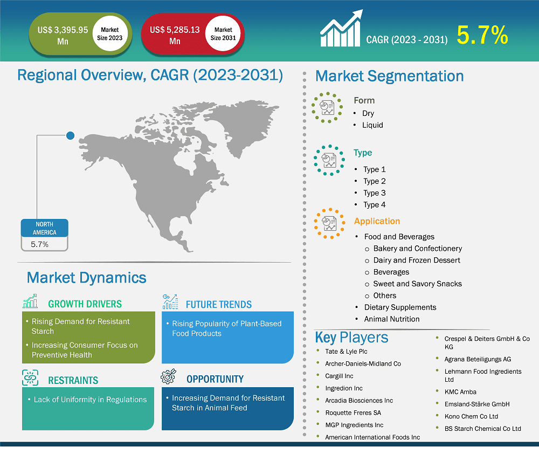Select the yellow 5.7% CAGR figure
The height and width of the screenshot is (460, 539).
(482, 36)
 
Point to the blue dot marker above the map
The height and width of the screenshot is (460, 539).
(70, 135)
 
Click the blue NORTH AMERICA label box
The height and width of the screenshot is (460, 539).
(45, 228)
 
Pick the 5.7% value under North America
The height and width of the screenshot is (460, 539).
(40, 244)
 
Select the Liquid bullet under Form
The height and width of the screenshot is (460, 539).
(372, 125)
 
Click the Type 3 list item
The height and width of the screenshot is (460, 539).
(374, 193)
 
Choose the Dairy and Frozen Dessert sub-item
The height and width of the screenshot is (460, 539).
(417, 260)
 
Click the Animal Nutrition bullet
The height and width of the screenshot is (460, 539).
(391, 319)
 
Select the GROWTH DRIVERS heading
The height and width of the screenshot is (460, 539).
(85, 304)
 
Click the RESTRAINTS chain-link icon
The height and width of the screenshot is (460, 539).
(30, 378)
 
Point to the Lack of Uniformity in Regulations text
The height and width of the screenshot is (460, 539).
(90, 400)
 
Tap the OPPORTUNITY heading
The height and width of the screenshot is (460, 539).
(215, 379)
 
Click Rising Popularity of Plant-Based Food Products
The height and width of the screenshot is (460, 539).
(226, 328)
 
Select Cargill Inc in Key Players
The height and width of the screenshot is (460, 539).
(339, 376)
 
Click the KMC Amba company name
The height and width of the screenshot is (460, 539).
(460, 392)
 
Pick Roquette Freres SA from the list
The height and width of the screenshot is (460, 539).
(353, 413)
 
